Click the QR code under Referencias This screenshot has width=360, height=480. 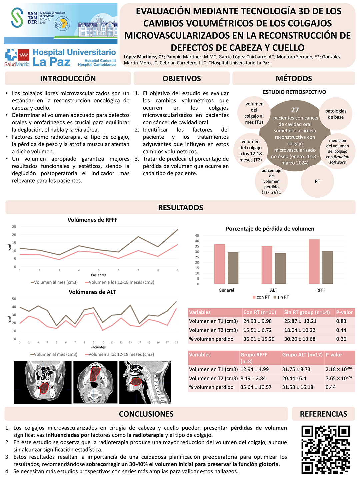point(325,449)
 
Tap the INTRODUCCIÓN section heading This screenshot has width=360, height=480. point(68,79)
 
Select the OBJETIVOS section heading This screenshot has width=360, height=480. point(182,79)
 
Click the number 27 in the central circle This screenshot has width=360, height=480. point(295,110)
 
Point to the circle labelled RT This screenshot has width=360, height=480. point(317,182)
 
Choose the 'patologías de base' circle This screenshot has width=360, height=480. point(336,114)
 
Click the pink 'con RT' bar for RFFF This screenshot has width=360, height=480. point(314,262)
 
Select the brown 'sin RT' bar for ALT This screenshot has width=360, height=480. point(280,268)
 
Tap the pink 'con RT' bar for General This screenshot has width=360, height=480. point(219,264)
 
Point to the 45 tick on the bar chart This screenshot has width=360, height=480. point(197,236)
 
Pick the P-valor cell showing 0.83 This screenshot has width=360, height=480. point(341,321)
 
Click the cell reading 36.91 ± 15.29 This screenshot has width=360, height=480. point(259,339)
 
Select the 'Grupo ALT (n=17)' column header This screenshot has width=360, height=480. point(302,355)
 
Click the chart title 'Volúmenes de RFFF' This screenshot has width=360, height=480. point(92,220)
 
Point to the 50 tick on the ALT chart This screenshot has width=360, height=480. point(14,299)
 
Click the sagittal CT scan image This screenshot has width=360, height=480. point(145,382)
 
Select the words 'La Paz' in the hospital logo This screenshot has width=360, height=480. point(52,62)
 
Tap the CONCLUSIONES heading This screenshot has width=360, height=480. point(146,414)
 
